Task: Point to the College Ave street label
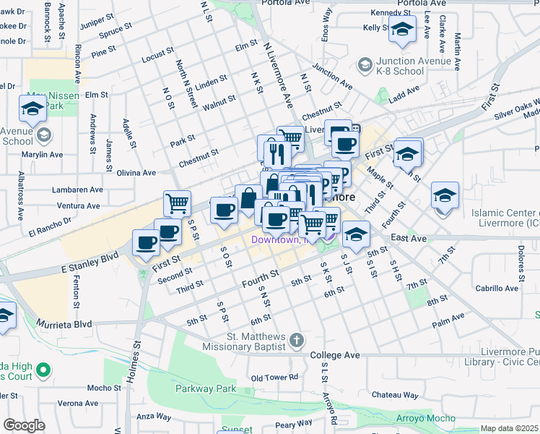point(335,356)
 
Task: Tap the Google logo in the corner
point(24,425)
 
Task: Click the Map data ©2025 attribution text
point(509,428)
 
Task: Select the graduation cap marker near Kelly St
point(402,30)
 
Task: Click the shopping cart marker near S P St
point(177,203)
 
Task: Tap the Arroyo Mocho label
point(426,419)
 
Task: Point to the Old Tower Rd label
point(274,378)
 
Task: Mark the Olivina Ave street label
point(136,173)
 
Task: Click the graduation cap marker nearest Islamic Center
point(445,196)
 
